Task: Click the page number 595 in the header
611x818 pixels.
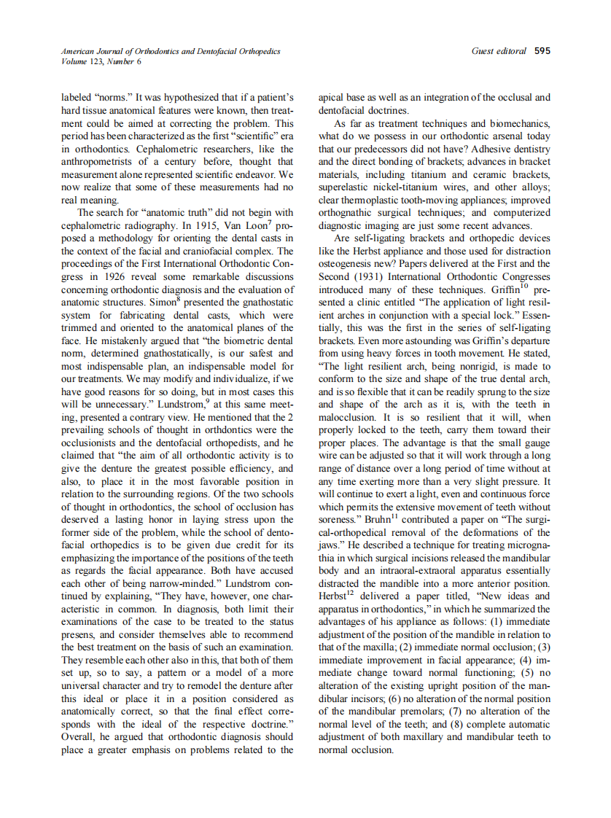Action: (542, 51)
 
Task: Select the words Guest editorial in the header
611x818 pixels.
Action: (499, 51)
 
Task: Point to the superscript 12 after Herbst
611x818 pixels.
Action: (354, 593)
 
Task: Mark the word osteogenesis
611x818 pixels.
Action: (350, 264)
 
